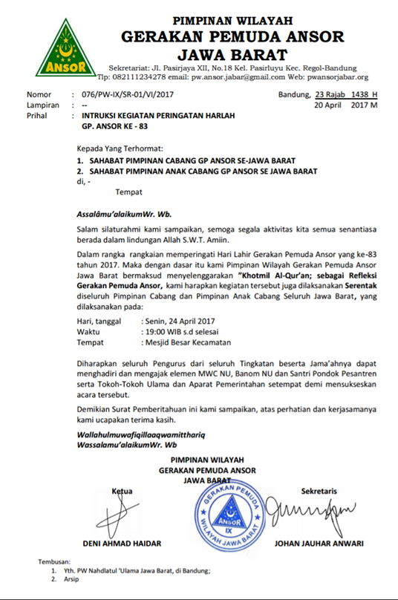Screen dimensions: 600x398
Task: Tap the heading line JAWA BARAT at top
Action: (232, 54)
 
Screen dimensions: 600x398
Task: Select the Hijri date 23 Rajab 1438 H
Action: (346, 95)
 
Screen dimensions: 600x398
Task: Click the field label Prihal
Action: (37, 117)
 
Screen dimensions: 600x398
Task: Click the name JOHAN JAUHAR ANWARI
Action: (319, 543)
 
